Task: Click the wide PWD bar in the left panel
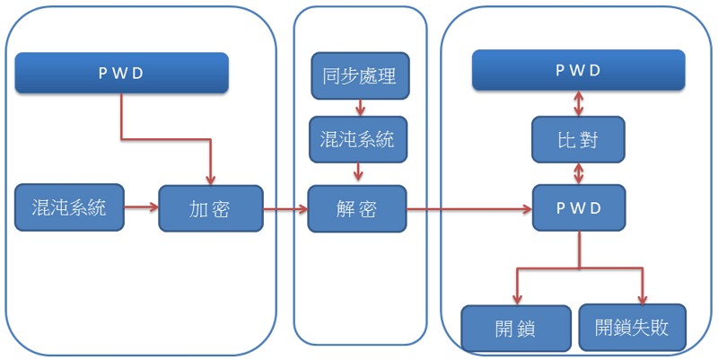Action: click(121, 74)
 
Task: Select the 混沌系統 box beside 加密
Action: click(69, 207)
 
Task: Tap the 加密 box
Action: click(210, 209)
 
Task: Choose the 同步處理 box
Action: click(360, 76)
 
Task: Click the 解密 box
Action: click(355, 209)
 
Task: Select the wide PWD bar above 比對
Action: click(579, 70)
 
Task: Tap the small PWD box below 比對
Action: click(578, 207)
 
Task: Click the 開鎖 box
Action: click(516, 328)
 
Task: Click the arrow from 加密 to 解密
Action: click(285, 210)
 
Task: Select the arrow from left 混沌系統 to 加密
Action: click(141, 207)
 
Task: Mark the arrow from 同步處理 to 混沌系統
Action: click(360, 108)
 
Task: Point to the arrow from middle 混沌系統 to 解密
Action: click(360, 171)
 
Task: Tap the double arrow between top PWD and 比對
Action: click(579, 102)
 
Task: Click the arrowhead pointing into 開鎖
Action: click(516, 299)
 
